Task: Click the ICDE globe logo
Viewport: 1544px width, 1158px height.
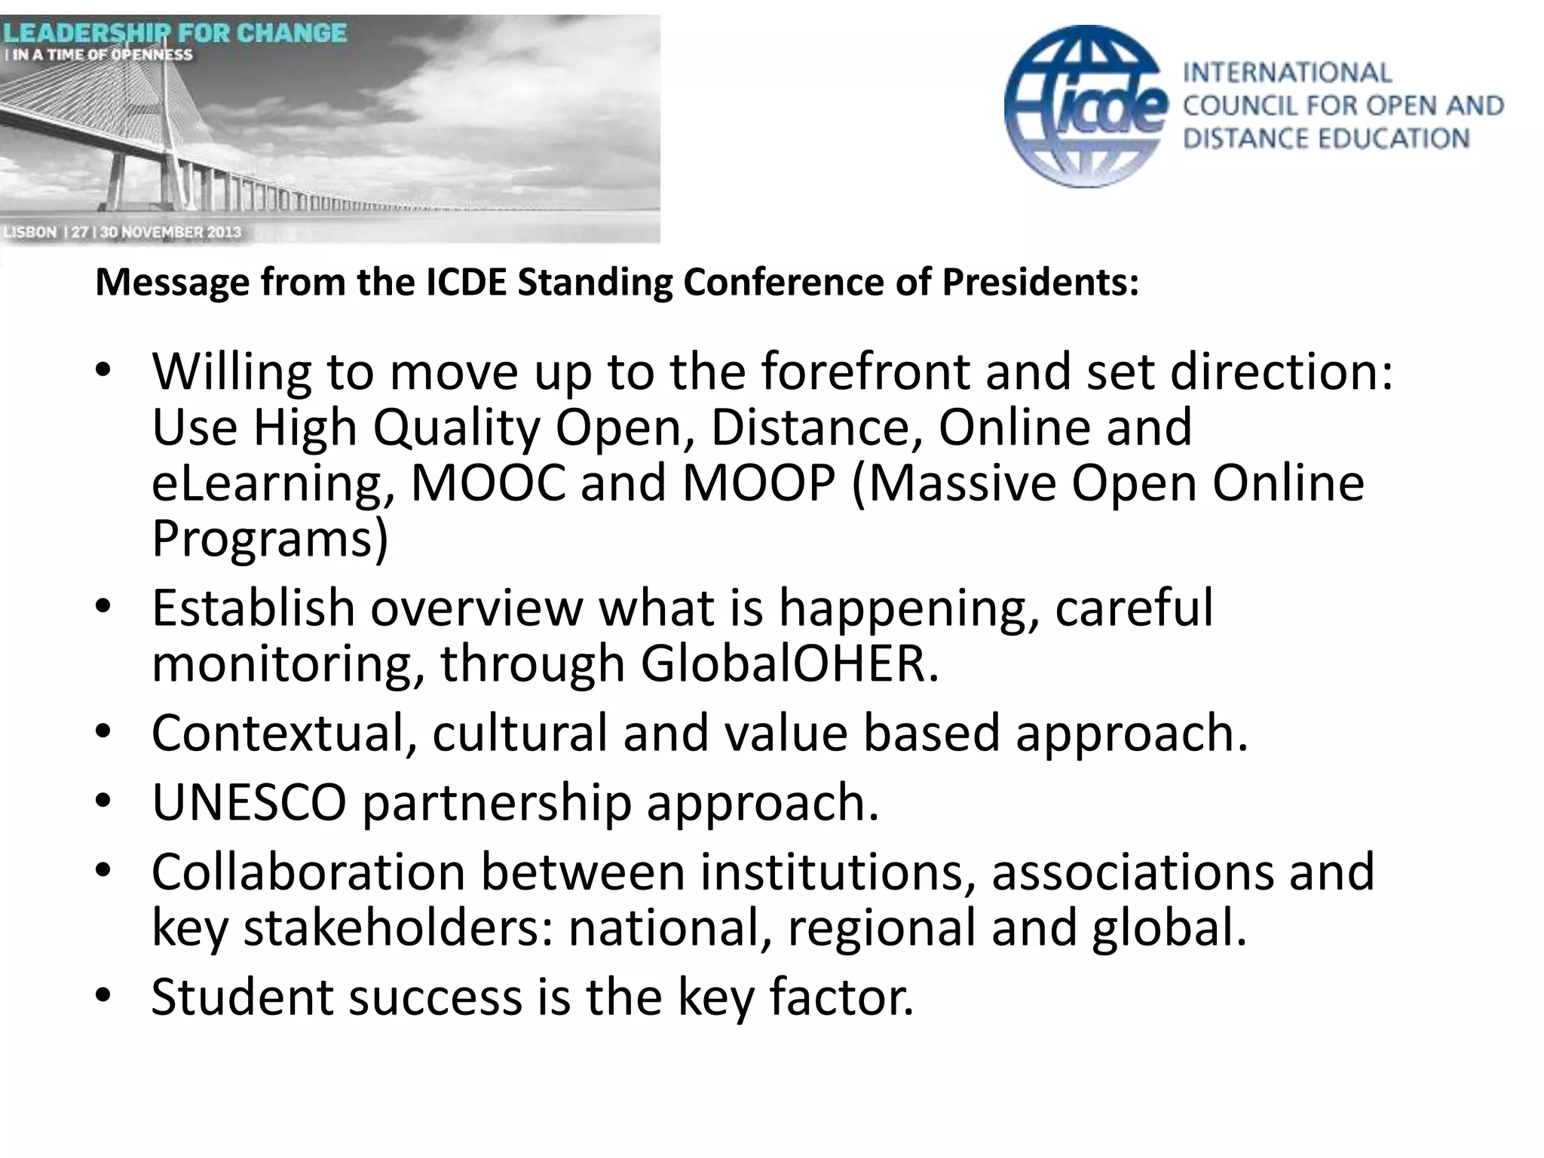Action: pyautogui.click(x=1086, y=106)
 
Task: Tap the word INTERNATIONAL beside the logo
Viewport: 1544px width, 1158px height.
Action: pyautogui.click(x=1287, y=73)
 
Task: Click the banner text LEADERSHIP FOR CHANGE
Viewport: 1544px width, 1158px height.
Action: pyautogui.click(x=174, y=33)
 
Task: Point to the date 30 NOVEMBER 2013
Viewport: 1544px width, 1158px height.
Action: pyautogui.click(x=170, y=231)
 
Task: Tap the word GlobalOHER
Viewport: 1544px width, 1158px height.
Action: pyautogui.click(x=789, y=663)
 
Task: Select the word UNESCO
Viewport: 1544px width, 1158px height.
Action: pyautogui.click(x=249, y=802)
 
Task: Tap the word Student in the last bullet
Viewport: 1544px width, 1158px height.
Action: pyautogui.click(x=241, y=997)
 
